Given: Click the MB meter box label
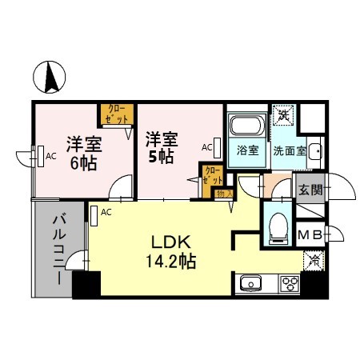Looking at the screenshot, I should pos(310,234).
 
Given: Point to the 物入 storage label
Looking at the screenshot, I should pos(225,194).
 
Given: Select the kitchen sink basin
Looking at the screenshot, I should pos(249,284).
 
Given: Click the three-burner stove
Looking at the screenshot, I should pos(289,284).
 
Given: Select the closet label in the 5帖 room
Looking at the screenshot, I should pos(212,176).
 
